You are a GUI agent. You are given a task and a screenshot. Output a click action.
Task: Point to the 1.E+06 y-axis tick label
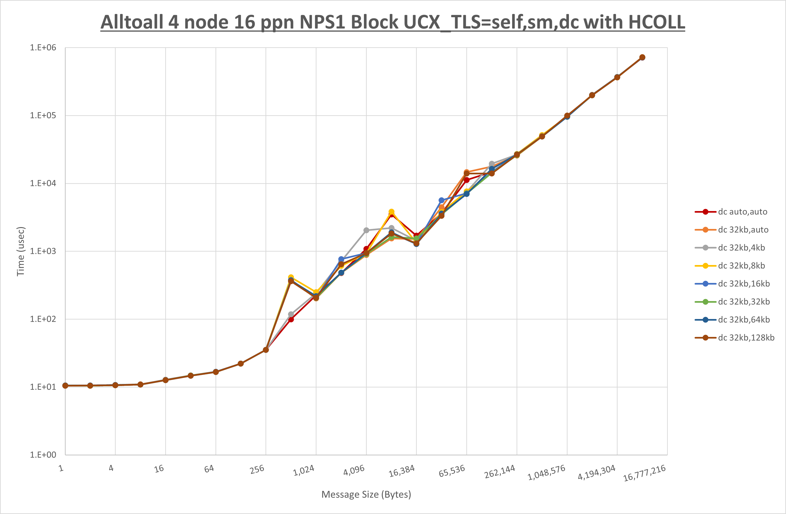(43, 47)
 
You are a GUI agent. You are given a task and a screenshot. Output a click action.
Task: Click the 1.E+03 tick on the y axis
(43, 251)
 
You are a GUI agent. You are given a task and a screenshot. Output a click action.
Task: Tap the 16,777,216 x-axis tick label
(644, 473)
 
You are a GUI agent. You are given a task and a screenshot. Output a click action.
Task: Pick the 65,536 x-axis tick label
(452, 471)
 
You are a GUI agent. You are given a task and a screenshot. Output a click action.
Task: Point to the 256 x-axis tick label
(257, 469)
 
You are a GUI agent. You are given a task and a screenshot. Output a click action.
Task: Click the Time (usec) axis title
(20, 251)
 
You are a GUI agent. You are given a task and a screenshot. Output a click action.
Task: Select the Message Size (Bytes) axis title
(366, 494)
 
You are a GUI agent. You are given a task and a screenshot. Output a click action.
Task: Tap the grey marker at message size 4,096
(366, 230)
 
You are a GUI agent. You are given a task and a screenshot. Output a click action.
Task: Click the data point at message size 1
(65, 386)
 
